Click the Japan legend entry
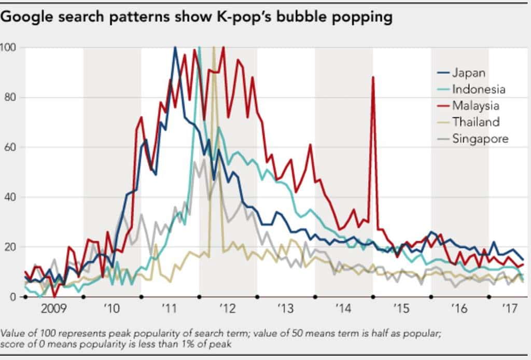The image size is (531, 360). point(468,73)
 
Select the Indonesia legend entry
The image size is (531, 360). point(478,89)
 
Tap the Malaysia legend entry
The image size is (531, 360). point(475,106)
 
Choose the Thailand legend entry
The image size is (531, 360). point(476,122)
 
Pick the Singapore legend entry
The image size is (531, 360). point(480,139)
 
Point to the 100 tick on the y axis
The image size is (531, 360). point(8,48)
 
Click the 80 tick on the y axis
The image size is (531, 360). point(10,98)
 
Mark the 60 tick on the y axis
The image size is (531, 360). point(10,147)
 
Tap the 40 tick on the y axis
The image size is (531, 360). point(10,197)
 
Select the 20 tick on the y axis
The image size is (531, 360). point(10,247)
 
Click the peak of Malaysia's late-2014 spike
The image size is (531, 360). point(372,77)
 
